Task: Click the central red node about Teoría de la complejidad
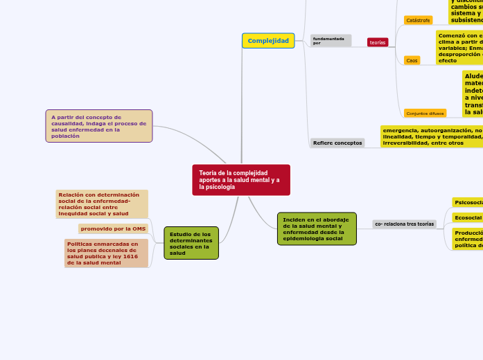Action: coord(240,180)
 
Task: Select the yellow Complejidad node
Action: coord(268,41)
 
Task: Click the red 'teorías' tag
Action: coord(378,42)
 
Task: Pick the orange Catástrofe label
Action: coord(418,20)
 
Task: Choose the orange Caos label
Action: coord(412,60)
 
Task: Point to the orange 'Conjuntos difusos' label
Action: coord(425,113)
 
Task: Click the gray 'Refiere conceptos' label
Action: coord(337,143)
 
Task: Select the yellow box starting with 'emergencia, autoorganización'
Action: coord(431,136)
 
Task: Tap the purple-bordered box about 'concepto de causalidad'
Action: coord(99,126)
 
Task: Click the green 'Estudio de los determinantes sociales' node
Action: coord(191,243)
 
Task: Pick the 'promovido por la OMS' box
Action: coord(113,228)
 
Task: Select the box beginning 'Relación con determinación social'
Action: coord(102,204)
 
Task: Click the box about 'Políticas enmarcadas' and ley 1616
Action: coord(107,253)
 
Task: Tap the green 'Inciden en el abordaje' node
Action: coord(317,228)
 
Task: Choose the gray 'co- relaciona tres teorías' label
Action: coord(404,224)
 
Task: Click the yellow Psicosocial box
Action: coord(468,202)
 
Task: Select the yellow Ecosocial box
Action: coord(468,217)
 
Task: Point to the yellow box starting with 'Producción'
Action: coord(468,239)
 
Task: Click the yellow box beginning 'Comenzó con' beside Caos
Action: coord(459,47)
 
